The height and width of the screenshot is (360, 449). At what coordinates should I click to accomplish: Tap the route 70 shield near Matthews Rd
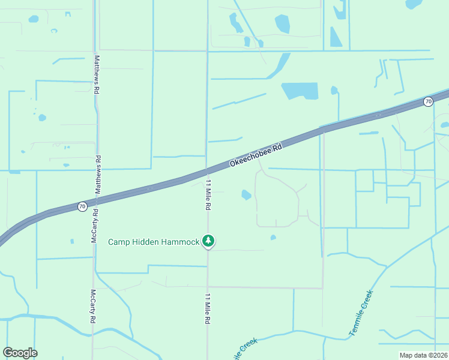pos(82,206)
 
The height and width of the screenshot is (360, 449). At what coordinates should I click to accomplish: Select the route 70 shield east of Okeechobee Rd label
pos(427,101)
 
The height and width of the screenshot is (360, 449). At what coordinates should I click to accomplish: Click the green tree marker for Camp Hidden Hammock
pos(208,241)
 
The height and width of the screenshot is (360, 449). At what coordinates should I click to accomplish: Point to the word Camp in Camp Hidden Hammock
pos(119,242)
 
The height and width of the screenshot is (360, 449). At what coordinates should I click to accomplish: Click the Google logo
pos(20,353)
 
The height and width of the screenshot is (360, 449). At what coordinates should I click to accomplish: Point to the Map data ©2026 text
pos(423,355)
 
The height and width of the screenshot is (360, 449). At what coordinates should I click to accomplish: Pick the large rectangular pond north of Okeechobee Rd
pos(299,91)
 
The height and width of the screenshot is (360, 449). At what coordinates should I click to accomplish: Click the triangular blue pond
pos(335,37)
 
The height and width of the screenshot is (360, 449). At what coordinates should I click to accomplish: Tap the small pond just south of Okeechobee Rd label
pos(246,194)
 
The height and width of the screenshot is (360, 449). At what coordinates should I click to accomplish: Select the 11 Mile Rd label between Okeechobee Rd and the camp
pos(208,194)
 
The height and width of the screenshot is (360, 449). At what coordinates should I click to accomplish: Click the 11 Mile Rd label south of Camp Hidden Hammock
pos(208,309)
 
